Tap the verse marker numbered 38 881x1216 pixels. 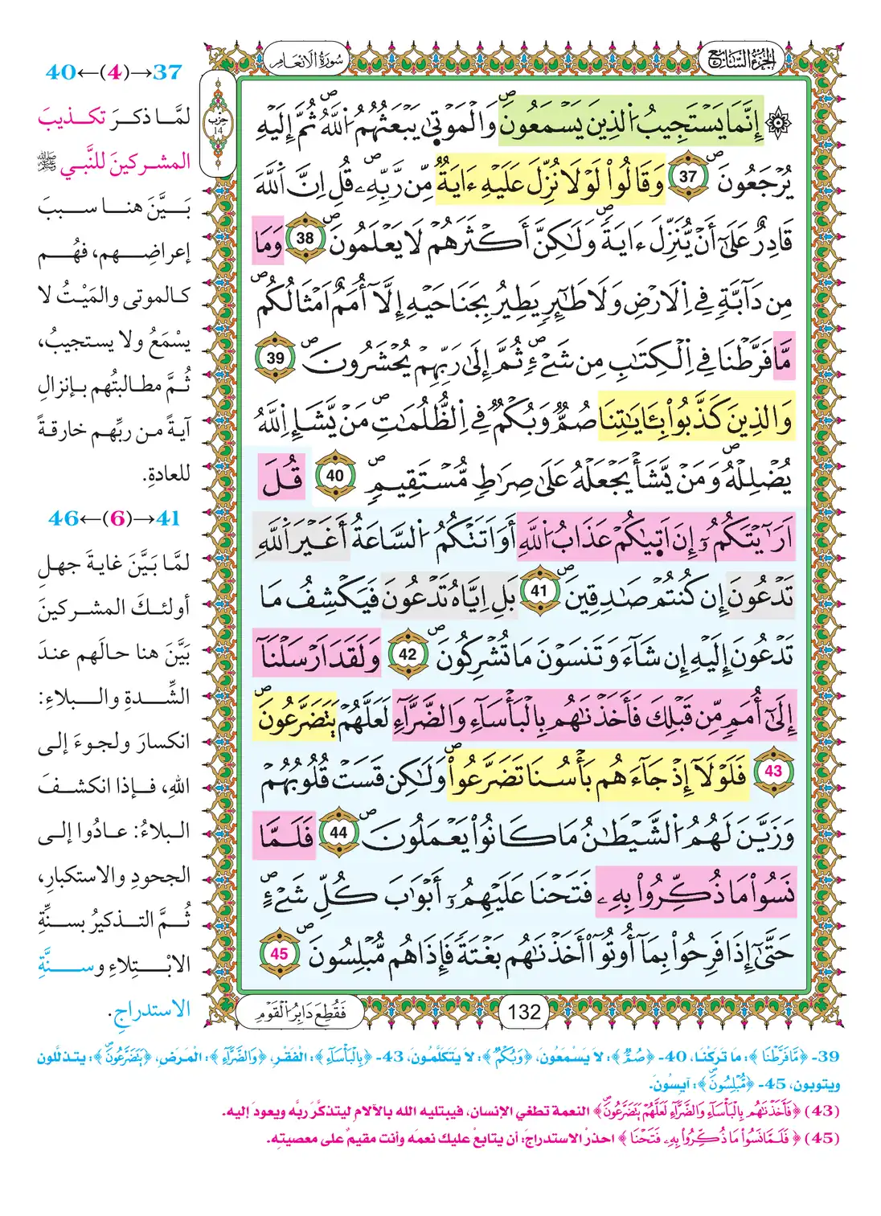[305, 239]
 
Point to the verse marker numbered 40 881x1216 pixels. [334, 476]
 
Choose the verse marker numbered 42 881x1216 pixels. [408, 654]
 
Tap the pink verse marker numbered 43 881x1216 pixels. [772, 771]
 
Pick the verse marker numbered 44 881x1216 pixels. [338, 833]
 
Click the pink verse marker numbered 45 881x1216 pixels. [279, 953]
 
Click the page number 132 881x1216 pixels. [524, 1012]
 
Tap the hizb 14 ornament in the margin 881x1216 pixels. [217, 123]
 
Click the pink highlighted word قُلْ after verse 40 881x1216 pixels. [282, 477]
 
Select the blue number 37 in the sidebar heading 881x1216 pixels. [166, 72]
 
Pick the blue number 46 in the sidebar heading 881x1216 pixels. [64, 518]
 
